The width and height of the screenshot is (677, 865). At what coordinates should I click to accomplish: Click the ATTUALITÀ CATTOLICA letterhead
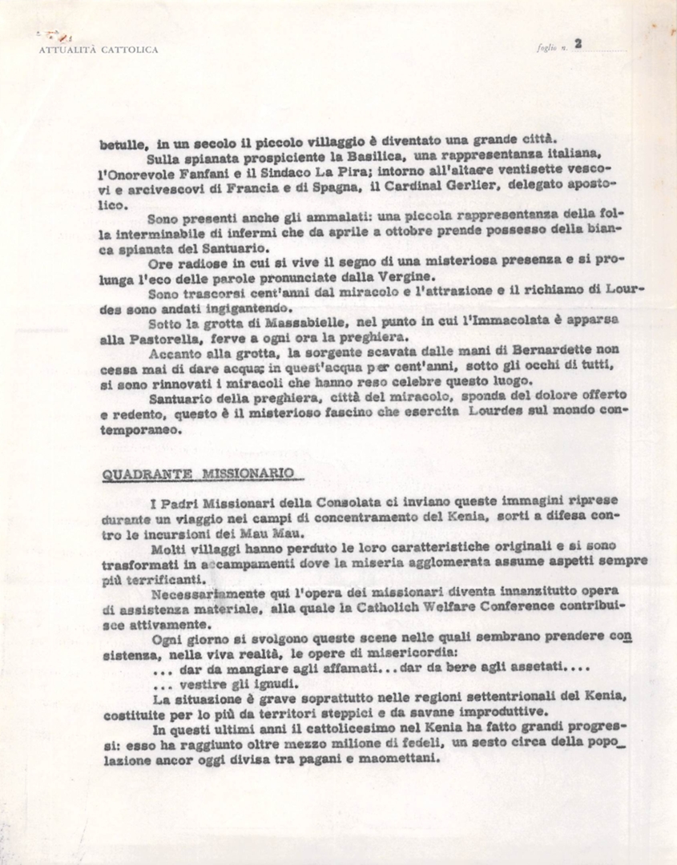click(x=99, y=50)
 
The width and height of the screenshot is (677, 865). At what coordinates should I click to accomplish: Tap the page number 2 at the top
click(x=577, y=45)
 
